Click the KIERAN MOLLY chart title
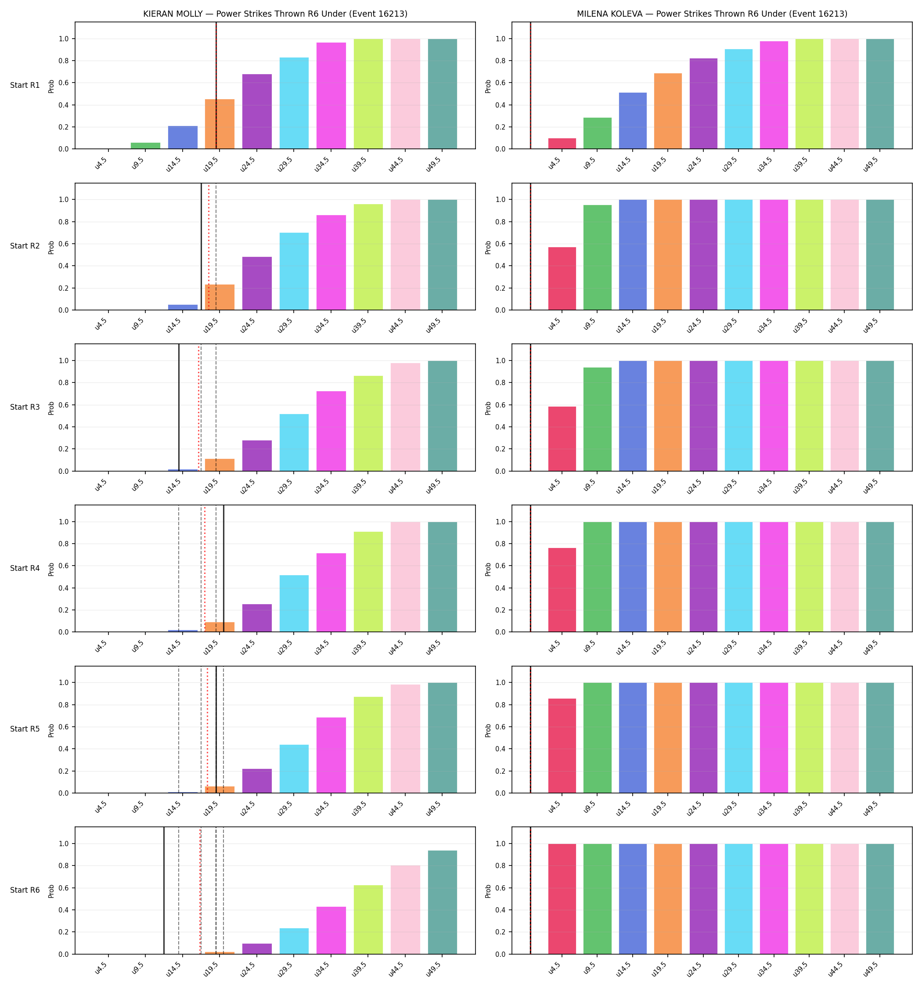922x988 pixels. [275, 14]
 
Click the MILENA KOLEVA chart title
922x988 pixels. [712, 14]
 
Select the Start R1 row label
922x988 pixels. [25, 85]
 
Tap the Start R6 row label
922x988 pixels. [25, 890]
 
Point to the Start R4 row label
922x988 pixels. [25, 568]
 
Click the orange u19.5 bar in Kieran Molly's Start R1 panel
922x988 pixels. [220, 124]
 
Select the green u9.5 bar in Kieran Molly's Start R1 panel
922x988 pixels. [146, 146]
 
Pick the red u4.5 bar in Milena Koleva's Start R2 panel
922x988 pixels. [562, 278]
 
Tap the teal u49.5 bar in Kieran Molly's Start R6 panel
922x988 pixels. [443, 902]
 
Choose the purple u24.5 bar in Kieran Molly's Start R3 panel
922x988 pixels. [257, 456]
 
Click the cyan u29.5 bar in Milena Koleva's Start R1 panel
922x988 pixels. [738, 99]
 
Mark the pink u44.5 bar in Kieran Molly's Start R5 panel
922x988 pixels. [406, 739]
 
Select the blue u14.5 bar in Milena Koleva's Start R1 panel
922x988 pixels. [633, 121]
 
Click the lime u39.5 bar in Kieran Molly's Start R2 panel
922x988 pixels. [368, 257]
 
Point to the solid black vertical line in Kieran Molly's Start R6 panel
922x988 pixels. [164, 891]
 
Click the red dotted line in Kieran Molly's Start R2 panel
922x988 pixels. [209, 246]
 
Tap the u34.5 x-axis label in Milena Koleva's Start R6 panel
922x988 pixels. [764, 969]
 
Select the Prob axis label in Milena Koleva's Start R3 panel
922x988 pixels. [488, 407]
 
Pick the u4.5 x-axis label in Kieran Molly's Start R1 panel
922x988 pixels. [101, 163]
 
